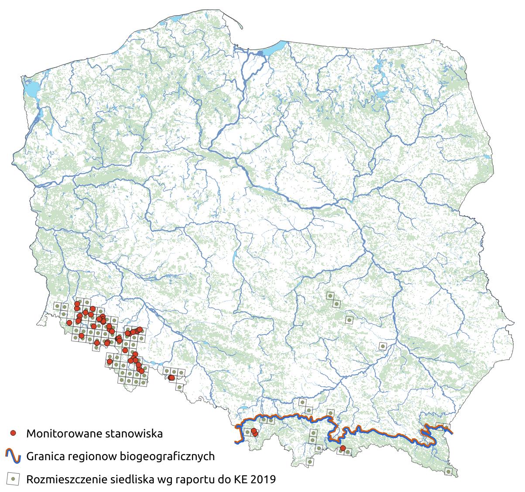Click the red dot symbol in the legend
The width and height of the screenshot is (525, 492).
(x=13, y=433)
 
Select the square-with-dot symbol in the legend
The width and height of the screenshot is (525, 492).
(x=13, y=479)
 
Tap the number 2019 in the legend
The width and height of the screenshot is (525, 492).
(x=264, y=480)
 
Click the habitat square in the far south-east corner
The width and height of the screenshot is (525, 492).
(x=448, y=471)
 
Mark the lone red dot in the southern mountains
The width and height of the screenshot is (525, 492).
(x=343, y=448)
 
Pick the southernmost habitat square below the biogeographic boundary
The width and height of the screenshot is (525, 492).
(x=309, y=461)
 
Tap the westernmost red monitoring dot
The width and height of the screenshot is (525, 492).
(x=69, y=323)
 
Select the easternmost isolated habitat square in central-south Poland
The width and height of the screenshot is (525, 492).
(x=382, y=346)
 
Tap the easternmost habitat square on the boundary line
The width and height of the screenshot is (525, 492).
(x=446, y=427)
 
